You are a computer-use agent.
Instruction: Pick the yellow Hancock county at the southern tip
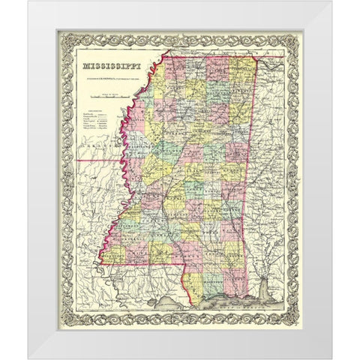click(197, 281)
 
